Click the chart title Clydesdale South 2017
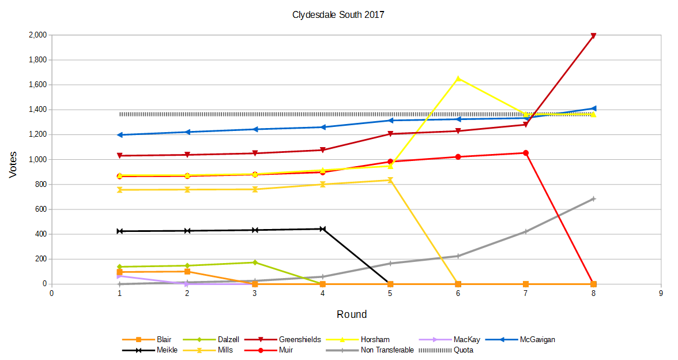tap(338, 15)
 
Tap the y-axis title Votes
tap(13, 164)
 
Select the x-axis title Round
tap(352, 314)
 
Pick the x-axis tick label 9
tap(661, 294)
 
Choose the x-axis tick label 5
tap(390, 294)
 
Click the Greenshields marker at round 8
tap(593, 36)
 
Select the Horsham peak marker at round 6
tap(458, 78)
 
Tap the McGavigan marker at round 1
tap(119, 135)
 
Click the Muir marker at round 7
tap(526, 153)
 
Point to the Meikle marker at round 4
tap(323, 229)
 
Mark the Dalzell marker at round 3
tap(255, 262)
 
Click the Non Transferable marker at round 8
tap(593, 199)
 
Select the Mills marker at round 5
tap(390, 180)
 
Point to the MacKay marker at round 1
tap(119, 276)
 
